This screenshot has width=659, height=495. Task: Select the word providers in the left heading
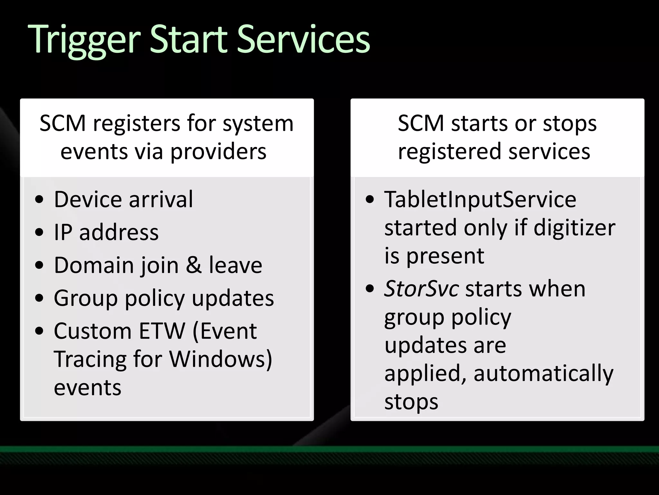point(218,151)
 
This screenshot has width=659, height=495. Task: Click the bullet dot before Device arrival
point(39,199)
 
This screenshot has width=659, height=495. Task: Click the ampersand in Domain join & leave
point(194,265)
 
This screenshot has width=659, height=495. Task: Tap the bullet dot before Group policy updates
point(39,298)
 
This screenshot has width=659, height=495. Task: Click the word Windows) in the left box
point(221,359)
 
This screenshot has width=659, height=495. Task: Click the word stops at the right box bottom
point(411,402)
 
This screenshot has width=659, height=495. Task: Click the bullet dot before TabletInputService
point(370,199)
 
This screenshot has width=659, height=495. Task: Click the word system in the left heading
point(258,124)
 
